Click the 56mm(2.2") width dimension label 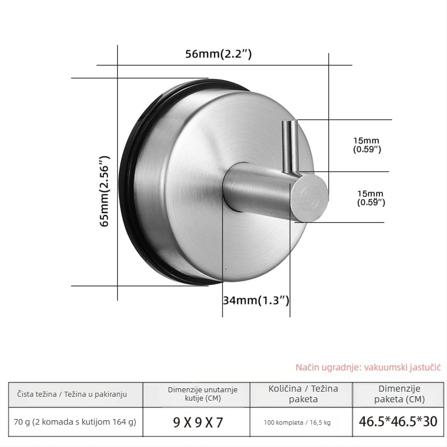[x=218, y=54]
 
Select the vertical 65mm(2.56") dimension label [x=104, y=191]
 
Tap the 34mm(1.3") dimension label [x=256, y=300]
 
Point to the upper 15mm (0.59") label [x=367, y=145]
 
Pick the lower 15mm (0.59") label [x=371, y=198]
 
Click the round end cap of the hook [x=309, y=198]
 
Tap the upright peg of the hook [x=290, y=147]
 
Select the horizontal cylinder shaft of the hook [x=256, y=188]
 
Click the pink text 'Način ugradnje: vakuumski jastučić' [x=368, y=367]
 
